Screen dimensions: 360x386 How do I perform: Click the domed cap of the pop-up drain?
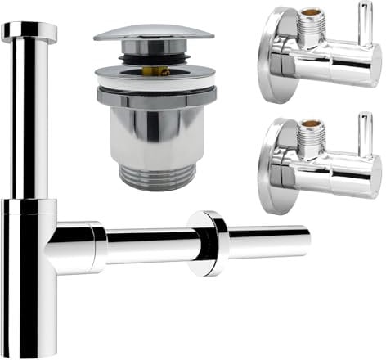coord(153,34)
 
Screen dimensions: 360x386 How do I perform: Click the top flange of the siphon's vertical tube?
coord(29,31)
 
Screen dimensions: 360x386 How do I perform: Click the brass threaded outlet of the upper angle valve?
coord(311,20)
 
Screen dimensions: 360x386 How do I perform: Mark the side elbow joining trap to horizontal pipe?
coord(78,245)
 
